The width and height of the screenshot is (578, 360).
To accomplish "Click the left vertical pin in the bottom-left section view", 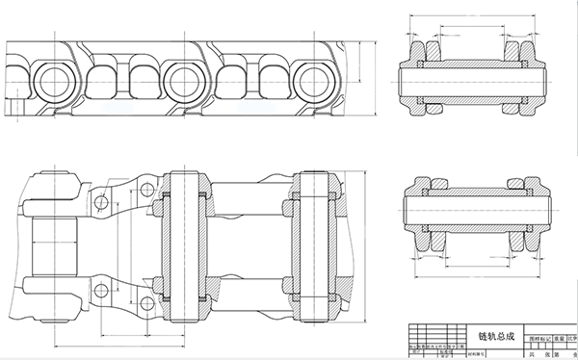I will coord(182,246).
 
